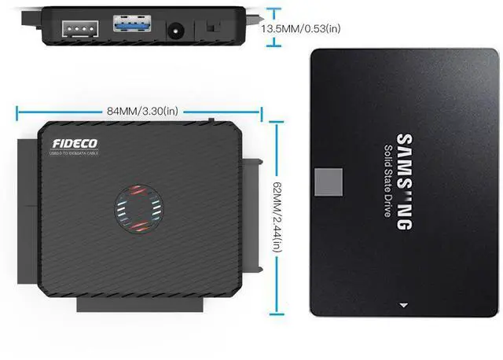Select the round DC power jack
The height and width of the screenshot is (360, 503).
click(x=176, y=30)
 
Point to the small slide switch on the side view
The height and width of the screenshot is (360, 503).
click(x=211, y=28)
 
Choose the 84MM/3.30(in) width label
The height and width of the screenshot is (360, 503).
click(x=141, y=110)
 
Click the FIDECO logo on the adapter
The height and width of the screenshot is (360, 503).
click(x=71, y=144)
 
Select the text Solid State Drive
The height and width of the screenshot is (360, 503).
click(x=387, y=182)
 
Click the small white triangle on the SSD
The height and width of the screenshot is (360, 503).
click(x=404, y=304)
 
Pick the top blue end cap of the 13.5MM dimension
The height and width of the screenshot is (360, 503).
click(x=273, y=9)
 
